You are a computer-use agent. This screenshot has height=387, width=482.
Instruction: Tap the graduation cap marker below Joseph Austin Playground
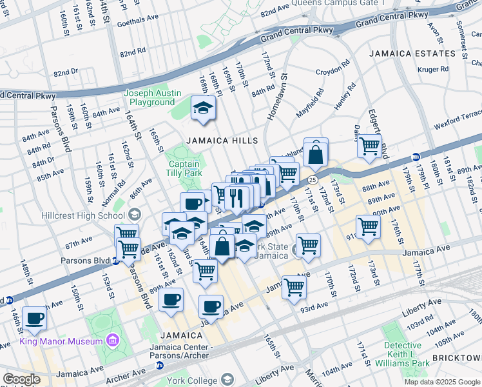click(204, 108)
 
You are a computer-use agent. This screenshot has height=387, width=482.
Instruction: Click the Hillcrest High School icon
click(135, 214)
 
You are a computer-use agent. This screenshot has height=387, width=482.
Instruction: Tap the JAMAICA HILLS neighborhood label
click(222, 141)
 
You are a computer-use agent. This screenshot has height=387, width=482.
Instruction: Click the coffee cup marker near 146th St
click(35, 317)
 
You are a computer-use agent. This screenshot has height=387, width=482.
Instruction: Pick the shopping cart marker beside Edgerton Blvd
click(369, 146)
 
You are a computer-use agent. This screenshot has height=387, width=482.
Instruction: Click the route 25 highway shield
click(313, 179)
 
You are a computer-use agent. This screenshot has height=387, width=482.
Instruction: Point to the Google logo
click(21, 379)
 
